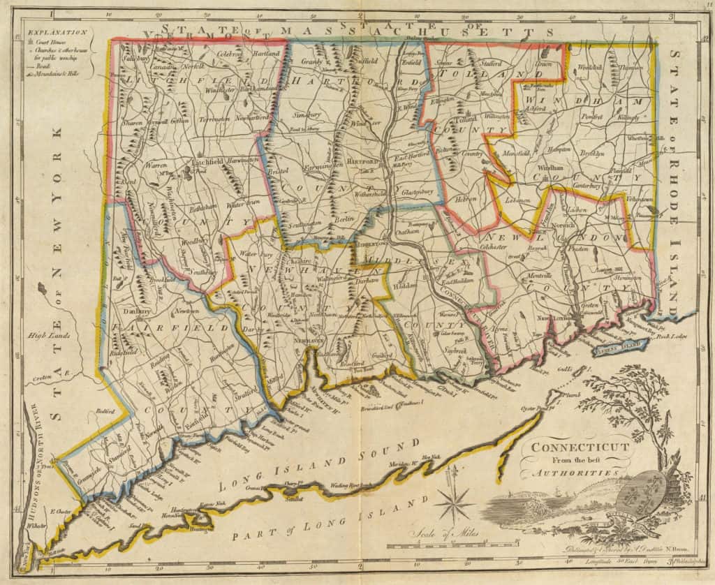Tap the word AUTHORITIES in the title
pos(580,473)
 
